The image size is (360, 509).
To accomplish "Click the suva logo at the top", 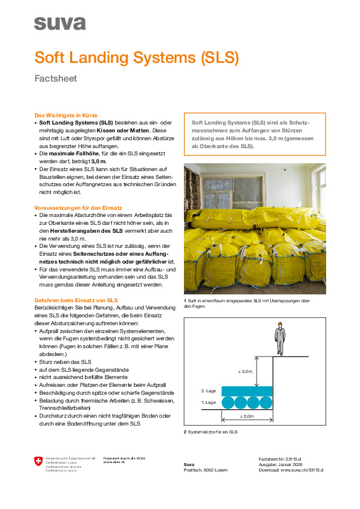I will click(x=59, y=24).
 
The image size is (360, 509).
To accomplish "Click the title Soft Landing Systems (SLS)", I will click(x=137, y=57).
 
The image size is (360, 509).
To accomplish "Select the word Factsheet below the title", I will click(x=55, y=79).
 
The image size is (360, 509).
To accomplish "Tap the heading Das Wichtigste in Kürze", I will click(x=65, y=115).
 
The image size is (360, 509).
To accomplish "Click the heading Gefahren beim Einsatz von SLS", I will click(x=76, y=300).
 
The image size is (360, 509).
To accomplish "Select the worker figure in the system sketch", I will click(x=280, y=340).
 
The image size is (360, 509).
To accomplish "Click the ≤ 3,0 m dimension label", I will click(x=245, y=371).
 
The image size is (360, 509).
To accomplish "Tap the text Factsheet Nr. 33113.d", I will click(x=280, y=459).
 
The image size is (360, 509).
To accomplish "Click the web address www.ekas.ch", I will click(x=114, y=462).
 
